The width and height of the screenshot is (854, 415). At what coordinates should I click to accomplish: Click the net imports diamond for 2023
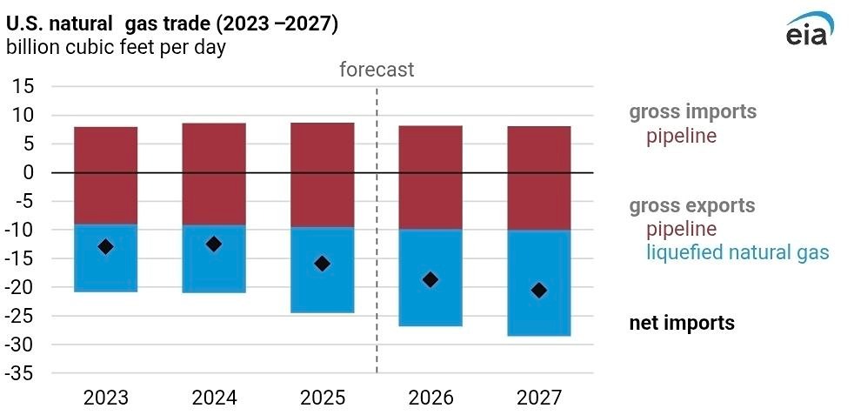[105, 246]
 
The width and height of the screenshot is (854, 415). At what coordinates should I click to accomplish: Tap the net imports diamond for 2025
[322, 263]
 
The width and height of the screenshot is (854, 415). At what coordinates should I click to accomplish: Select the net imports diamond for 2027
[539, 290]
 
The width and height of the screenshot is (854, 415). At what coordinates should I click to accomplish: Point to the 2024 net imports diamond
[214, 244]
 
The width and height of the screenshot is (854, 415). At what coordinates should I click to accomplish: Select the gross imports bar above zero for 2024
[214, 148]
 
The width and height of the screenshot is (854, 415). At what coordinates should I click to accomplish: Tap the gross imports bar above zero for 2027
[539, 149]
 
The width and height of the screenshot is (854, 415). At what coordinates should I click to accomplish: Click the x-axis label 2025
[322, 398]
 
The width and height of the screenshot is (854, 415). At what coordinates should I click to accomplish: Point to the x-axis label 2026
[430, 398]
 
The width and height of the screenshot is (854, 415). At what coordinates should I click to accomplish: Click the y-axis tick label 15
[23, 86]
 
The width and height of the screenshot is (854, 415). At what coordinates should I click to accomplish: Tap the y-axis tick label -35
[20, 373]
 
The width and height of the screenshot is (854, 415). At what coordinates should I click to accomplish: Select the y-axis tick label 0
[29, 172]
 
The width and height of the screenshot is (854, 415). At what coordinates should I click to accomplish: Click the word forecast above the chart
[377, 70]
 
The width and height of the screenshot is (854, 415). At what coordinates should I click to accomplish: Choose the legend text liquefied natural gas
[737, 253]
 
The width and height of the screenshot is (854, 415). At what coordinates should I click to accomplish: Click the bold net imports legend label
[682, 324]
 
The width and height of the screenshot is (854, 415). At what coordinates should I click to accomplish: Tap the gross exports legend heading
[692, 206]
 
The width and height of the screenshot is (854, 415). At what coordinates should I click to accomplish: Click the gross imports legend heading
[693, 112]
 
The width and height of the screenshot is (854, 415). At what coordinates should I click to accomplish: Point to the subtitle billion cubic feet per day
[116, 47]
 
